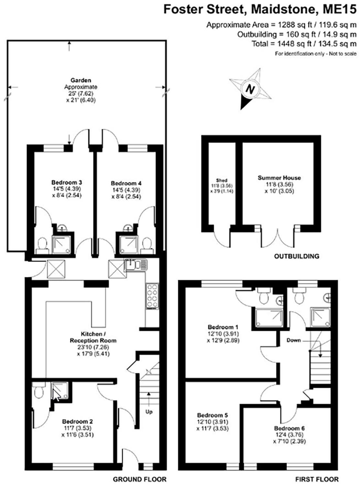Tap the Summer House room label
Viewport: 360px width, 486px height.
(279, 178)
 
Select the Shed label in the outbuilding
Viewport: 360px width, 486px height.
(222, 180)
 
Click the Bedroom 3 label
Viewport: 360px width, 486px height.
(64, 182)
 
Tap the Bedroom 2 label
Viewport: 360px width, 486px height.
(78, 422)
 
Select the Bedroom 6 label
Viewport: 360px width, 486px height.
(289, 428)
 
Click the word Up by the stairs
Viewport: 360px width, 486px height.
(149, 412)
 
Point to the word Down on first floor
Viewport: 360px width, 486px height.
(293, 340)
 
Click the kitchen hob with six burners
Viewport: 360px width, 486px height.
(152, 296)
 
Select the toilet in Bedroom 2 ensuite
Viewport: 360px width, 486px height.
(39, 391)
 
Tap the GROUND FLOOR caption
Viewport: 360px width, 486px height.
(140, 479)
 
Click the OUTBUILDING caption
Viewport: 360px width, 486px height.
(296, 256)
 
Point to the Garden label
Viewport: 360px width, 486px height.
(80, 80)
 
